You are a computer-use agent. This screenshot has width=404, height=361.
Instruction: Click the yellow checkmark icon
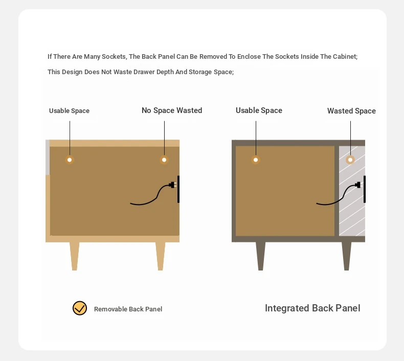coord(80,308)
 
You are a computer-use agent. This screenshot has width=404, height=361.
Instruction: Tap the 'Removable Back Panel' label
coord(128,309)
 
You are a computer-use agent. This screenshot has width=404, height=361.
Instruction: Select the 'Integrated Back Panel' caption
coord(312,308)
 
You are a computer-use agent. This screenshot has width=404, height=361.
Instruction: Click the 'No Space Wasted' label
coord(172,110)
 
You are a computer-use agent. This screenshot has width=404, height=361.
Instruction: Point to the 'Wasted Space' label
coord(351,111)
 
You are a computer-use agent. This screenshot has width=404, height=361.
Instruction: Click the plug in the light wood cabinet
coord(172,185)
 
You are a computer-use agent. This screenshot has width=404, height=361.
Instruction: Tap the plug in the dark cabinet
coord(358,185)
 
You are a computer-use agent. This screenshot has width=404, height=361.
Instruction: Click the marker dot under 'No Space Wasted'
coord(164,160)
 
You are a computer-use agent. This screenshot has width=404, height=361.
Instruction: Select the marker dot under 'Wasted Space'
coord(350,160)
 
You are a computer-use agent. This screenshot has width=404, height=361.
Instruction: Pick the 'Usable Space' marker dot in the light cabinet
coord(70,160)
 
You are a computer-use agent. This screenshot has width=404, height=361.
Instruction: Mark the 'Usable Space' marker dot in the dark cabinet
coord(256,160)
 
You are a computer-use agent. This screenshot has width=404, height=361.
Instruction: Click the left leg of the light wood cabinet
coord(75,256)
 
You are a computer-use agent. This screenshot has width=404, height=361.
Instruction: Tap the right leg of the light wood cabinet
coord(160,256)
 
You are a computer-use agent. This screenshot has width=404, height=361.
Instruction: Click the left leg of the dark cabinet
coord(260,256)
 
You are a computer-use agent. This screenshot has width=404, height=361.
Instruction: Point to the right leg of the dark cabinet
coord(347,256)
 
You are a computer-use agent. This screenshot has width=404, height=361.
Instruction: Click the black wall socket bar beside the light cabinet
coord(178,189)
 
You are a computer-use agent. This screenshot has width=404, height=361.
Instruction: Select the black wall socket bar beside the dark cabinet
coord(364,189)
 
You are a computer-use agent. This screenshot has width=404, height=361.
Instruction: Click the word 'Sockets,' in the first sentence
coord(115,57)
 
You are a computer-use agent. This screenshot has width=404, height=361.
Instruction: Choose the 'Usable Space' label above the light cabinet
coord(70,111)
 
